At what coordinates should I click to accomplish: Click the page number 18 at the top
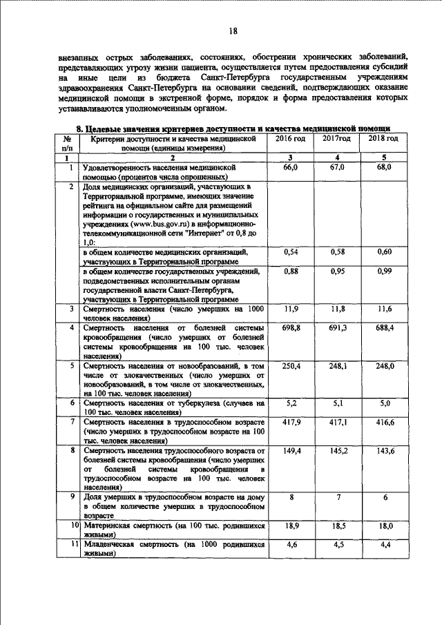233,30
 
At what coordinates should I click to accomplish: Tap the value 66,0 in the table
290,168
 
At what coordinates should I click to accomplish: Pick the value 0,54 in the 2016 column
290,253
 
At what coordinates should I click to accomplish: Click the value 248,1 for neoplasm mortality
338,365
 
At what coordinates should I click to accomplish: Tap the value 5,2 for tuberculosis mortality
291,402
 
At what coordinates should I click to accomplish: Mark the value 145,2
338,450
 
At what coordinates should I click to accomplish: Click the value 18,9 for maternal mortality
290,526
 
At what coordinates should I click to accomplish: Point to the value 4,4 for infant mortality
385,544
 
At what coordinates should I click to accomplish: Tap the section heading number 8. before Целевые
79,129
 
